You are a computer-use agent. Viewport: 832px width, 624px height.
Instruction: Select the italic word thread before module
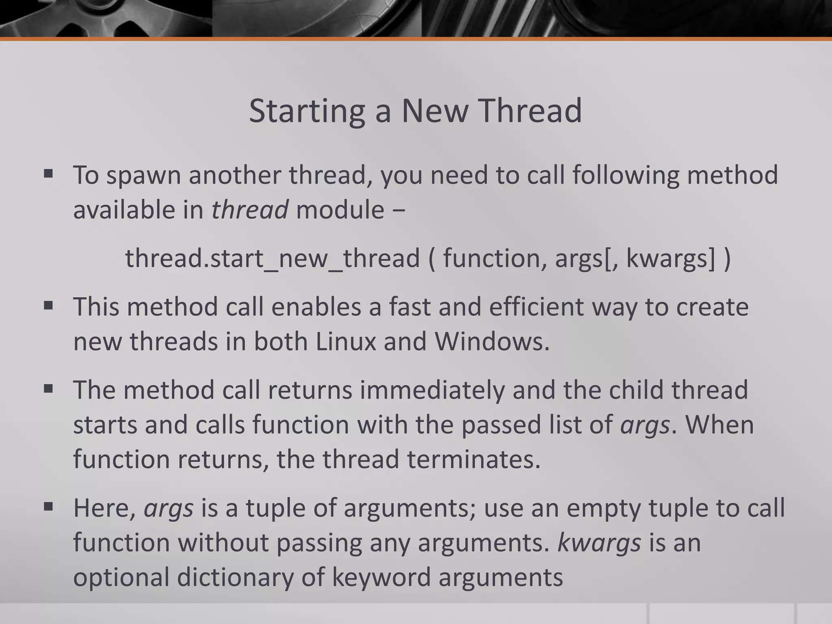pyautogui.click(x=249, y=210)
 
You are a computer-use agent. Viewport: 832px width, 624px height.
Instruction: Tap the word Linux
pyautogui.click(x=346, y=341)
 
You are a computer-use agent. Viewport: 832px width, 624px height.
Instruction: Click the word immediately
pyautogui.click(x=432, y=390)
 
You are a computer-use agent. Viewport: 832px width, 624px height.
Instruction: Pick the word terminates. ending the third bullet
pyautogui.click(x=474, y=459)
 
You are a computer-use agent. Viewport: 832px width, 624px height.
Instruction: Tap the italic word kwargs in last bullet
pyautogui.click(x=599, y=543)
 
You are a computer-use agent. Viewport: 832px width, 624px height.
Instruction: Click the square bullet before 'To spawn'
pyautogui.click(x=48, y=174)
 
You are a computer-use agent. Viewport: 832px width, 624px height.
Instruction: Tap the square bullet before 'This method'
pyautogui.click(x=48, y=305)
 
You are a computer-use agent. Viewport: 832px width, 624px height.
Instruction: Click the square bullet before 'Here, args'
pyautogui.click(x=48, y=507)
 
